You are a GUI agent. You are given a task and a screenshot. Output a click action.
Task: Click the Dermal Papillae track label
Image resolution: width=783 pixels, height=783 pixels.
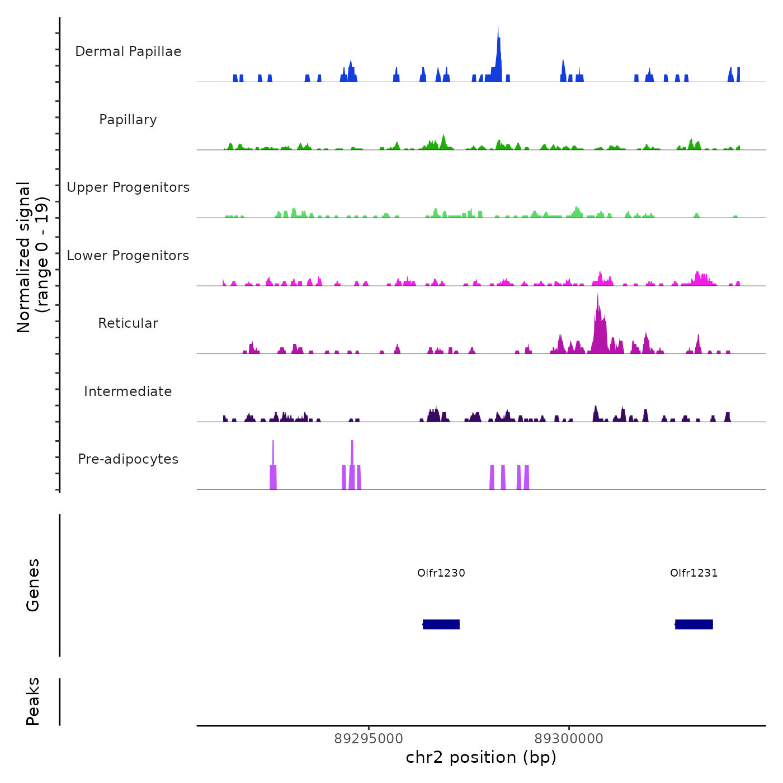point(128,51)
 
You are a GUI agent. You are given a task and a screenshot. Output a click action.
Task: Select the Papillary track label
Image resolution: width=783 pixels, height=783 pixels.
point(128,120)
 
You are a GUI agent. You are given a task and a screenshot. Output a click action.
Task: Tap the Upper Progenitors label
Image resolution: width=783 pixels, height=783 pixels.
point(128,187)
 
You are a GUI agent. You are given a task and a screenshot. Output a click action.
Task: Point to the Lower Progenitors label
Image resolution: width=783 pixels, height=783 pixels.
point(128,256)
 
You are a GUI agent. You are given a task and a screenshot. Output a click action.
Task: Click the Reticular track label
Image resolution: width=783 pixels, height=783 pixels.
point(128,323)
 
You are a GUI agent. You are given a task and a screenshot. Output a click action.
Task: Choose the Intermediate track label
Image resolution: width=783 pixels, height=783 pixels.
point(128,391)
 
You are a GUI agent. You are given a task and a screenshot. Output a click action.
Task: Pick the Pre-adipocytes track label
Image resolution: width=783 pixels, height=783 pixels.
point(128,459)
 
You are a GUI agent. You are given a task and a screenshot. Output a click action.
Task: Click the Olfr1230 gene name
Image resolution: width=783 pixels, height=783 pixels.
point(441,573)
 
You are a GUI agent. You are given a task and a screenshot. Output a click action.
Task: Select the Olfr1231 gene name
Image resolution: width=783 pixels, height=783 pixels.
point(694,573)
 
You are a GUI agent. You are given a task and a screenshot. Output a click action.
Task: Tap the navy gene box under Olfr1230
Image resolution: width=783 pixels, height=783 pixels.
point(441,624)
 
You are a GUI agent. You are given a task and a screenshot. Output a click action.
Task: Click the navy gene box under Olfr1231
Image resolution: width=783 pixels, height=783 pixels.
point(694,624)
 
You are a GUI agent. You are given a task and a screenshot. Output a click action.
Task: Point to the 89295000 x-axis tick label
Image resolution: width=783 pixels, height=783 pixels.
point(369,739)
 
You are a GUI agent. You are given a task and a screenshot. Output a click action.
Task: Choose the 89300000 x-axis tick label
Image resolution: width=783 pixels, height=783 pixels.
point(569,739)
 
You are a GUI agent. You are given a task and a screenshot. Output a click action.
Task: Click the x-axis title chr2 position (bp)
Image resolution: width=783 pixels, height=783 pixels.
point(481,758)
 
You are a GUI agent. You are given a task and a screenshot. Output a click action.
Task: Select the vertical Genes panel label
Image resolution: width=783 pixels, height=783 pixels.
point(33,585)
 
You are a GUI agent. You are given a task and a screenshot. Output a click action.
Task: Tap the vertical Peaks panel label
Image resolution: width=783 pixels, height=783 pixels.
point(33,701)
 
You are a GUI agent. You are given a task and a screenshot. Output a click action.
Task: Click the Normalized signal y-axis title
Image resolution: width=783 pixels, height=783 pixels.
point(32,257)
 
